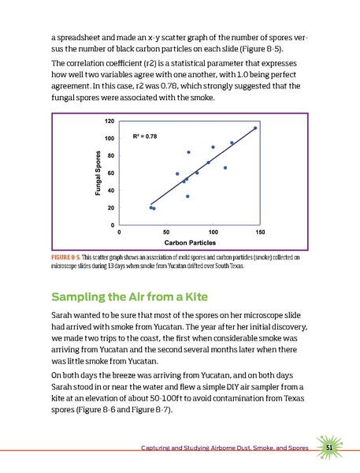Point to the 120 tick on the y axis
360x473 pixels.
coord(109,121)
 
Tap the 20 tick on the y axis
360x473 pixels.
coord(110,207)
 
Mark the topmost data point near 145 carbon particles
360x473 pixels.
coord(255,128)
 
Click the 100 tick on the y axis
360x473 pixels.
coord(109,138)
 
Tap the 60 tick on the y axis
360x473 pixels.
coord(110,173)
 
